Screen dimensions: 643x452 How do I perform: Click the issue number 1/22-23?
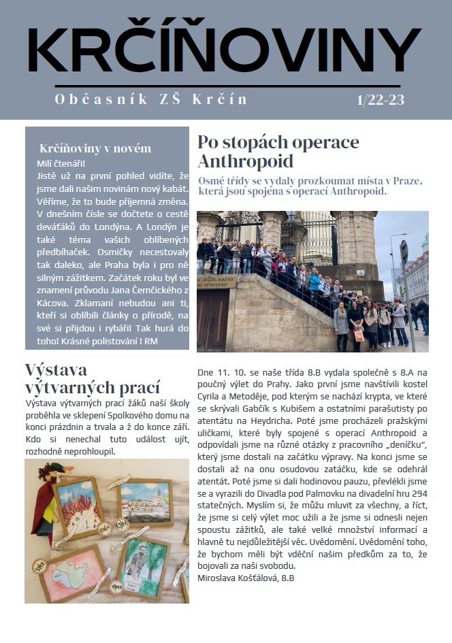(381, 99)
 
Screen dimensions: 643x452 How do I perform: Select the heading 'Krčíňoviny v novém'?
(95, 148)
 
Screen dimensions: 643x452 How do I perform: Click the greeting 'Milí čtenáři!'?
(61, 163)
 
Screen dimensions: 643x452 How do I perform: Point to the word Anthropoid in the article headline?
(245, 161)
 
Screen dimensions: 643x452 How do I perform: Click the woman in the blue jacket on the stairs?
(314, 280)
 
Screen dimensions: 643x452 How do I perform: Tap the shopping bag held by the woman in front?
(359, 335)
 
